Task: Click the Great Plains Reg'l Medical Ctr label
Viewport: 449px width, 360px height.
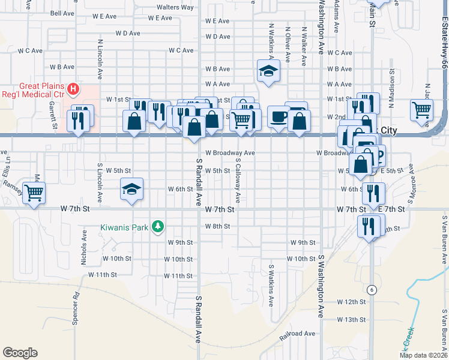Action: [32, 90]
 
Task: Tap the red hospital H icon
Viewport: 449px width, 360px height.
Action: [73, 90]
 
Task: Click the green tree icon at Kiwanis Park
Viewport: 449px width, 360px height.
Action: [157, 227]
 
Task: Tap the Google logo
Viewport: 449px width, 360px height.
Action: [20, 353]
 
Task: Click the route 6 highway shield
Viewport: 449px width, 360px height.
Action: [372, 290]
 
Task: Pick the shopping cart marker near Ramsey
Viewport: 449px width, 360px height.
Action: [35, 192]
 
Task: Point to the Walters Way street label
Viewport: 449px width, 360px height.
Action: [175, 7]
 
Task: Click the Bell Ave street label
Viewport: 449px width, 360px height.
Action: [62, 13]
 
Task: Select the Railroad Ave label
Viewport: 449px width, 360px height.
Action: [297, 333]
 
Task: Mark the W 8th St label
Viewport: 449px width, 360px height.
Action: [217, 226]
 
